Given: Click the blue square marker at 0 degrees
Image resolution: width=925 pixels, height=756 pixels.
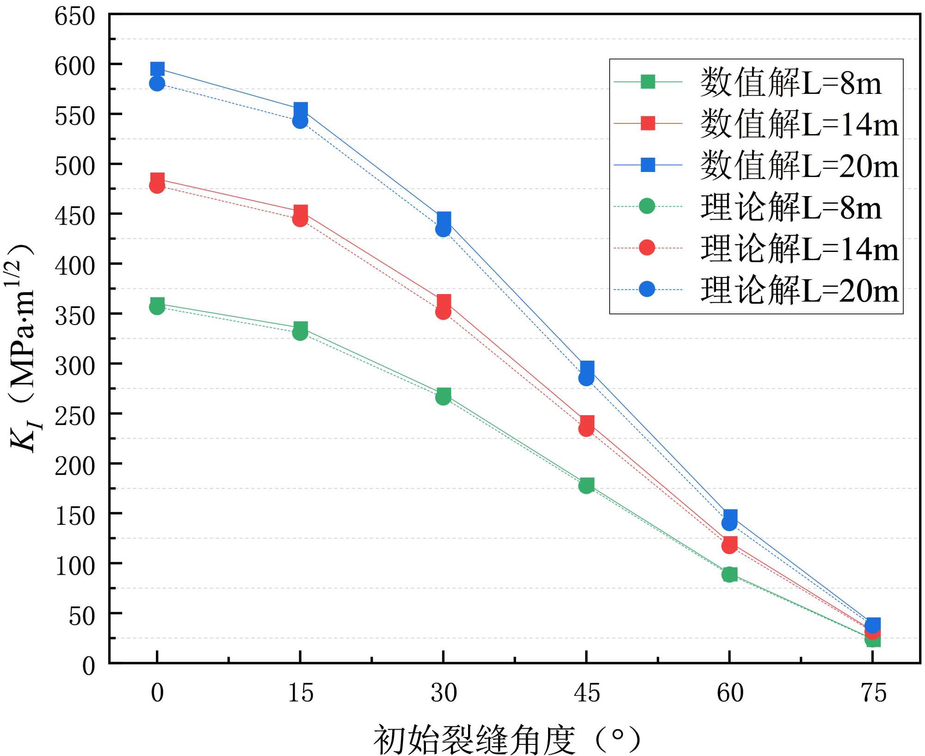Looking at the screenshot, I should (x=157, y=69).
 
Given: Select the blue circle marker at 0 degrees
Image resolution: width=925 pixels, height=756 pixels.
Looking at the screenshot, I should (x=157, y=84).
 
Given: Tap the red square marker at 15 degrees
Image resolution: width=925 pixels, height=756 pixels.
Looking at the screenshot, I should (x=301, y=212).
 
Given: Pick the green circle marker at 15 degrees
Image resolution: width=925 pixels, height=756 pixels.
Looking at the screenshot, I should (x=300, y=333).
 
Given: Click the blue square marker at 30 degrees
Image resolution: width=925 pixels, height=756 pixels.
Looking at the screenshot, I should (x=444, y=219).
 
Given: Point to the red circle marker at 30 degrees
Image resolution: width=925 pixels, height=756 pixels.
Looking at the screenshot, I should (x=443, y=313).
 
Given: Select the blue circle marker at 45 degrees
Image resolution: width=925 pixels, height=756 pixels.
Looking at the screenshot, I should (x=586, y=379).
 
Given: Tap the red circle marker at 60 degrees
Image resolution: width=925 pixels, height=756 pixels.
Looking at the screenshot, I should (x=729, y=546).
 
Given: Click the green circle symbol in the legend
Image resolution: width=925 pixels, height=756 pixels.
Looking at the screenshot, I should (x=647, y=206).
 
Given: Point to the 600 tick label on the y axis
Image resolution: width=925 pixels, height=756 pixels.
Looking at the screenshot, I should (x=75, y=66).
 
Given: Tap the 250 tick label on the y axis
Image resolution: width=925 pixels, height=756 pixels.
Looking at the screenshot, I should (x=75, y=416).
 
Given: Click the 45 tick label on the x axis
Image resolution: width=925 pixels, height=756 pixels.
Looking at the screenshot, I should (x=587, y=693).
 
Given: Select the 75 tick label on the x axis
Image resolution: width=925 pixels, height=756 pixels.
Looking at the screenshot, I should (x=873, y=693).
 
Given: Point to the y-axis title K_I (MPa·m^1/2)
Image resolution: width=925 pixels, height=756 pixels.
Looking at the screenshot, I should (x=23, y=347).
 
